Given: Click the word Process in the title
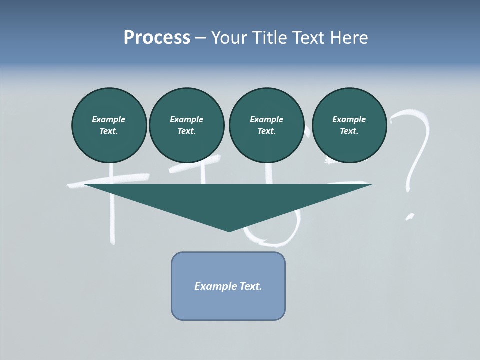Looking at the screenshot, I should point(157,38).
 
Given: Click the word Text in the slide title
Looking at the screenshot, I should point(309,38).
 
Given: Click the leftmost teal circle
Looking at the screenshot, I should point(109,125).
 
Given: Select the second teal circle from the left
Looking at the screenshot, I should point(186,125).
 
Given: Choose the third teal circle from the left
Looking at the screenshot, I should point(266,125).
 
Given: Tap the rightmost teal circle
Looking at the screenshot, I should point(349,125).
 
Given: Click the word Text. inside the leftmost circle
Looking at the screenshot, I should point(109,131).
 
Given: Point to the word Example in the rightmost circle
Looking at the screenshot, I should point(349,119).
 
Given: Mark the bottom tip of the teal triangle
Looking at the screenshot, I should point(229,230).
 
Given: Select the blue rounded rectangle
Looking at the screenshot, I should point(228,286).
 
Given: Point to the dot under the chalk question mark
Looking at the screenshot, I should point(410,217).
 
